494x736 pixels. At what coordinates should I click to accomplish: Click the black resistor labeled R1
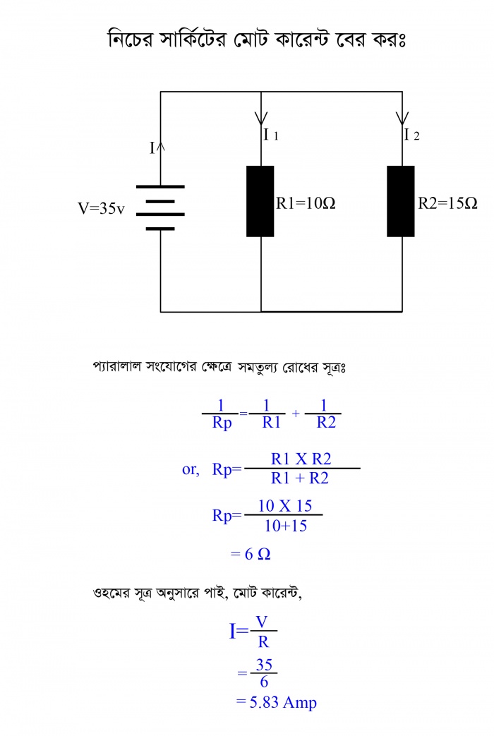(x=260, y=201)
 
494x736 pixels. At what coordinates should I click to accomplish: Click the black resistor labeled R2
(x=401, y=201)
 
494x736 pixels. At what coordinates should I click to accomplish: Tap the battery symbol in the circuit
(x=160, y=207)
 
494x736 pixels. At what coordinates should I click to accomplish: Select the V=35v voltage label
(x=101, y=209)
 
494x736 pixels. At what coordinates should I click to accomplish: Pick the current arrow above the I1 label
(x=261, y=117)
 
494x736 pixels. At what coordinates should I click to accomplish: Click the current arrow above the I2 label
(x=402, y=117)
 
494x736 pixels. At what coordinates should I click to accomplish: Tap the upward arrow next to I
(x=161, y=147)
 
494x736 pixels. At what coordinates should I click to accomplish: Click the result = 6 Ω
(x=251, y=554)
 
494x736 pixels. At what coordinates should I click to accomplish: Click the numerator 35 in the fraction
(x=264, y=665)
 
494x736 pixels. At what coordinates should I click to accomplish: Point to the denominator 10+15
(x=286, y=526)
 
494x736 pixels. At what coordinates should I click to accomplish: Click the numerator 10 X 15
(x=285, y=506)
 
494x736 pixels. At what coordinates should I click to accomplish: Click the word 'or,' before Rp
(x=191, y=469)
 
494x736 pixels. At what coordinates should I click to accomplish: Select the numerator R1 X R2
(x=301, y=459)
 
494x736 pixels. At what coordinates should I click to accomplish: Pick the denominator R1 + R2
(x=300, y=478)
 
